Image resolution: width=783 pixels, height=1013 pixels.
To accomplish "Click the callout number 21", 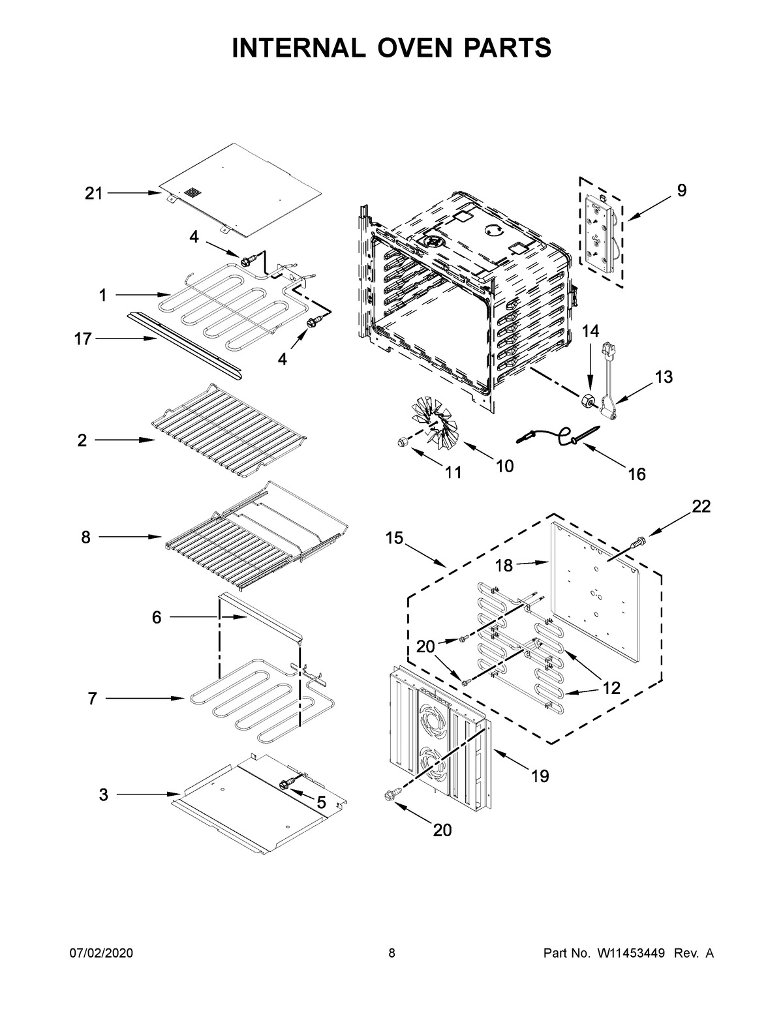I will pos(93,193).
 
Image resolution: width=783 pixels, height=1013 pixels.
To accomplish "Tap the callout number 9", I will pos(681,190).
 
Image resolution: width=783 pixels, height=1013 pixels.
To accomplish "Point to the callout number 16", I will pos(636,474).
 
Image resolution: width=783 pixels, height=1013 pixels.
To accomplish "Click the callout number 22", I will pos(701,506).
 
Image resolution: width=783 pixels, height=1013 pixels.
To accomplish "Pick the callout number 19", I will pos(540,776).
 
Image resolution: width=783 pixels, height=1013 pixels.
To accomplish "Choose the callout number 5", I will pos(320,802).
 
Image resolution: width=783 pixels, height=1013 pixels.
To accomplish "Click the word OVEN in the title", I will pos(391,48).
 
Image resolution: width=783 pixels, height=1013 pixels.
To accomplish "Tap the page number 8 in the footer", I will pos(391,954).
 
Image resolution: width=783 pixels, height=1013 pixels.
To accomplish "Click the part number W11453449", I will pos(630,954).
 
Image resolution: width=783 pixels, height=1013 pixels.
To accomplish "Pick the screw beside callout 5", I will pos(285,783).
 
